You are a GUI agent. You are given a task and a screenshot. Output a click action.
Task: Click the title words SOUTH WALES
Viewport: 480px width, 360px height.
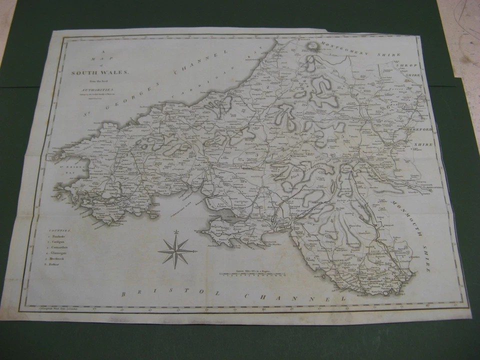[x=100, y=72]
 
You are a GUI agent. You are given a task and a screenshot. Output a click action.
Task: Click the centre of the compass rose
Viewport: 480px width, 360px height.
[x=176, y=250]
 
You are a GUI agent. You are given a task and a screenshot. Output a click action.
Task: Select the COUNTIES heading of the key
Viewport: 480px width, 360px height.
[x=60, y=230]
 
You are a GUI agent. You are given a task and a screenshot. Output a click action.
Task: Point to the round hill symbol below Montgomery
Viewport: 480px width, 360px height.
[x=314, y=46]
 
